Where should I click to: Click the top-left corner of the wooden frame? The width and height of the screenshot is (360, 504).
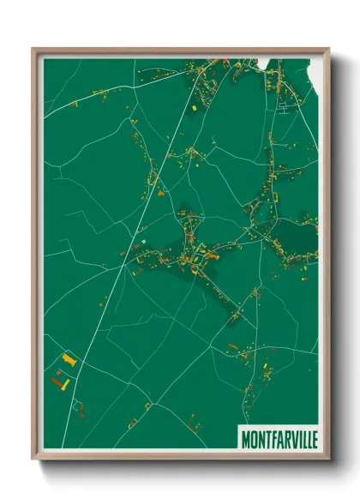point(33,50)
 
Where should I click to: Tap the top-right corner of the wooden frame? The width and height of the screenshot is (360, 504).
point(328,50)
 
